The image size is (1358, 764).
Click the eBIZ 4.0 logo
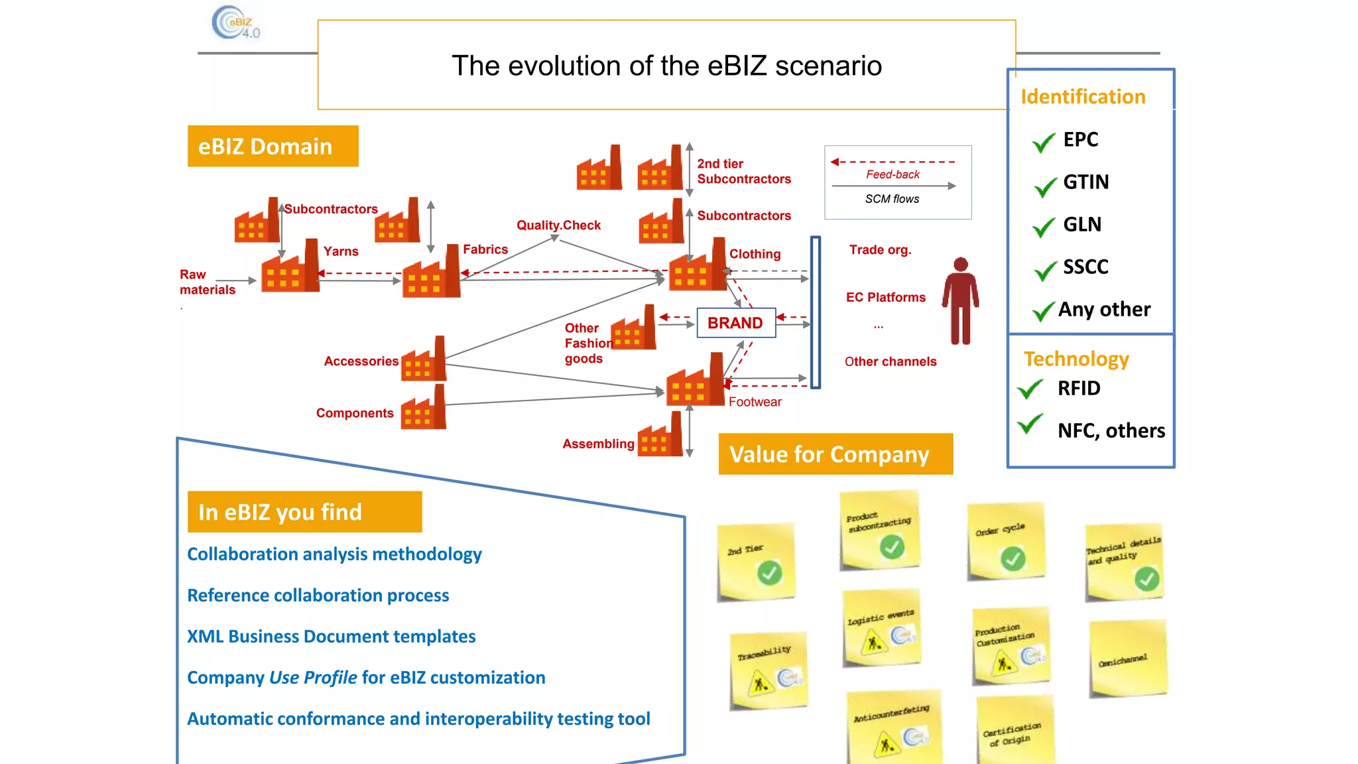pos(235,23)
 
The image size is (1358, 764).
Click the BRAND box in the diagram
pos(735,323)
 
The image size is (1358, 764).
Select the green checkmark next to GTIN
pos(1046,187)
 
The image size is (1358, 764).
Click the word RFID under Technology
pos(1079,388)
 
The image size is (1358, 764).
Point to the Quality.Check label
pos(558,225)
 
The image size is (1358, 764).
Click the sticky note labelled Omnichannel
pos(1127,658)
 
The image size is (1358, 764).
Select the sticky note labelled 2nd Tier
pos(755,562)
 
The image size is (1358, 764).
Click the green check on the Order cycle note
pos(1013,558)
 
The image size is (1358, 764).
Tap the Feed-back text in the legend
pos(893,174)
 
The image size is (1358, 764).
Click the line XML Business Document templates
pos(331,637)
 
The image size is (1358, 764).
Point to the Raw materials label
pos(206,282)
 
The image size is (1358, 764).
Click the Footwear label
pos(755,402)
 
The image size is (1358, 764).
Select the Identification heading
pos(1082,97)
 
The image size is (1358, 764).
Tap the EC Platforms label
pos(885,297)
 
